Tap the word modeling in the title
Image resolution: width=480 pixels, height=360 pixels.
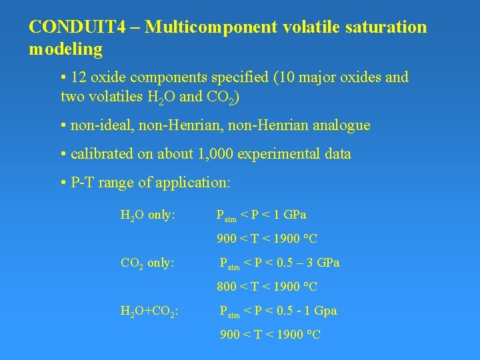pos(66,49)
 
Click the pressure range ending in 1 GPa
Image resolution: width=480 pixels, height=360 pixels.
pos(261,215)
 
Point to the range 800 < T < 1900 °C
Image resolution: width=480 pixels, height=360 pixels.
pos(267,287)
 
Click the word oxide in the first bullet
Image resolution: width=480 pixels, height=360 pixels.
pos(114,77)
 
